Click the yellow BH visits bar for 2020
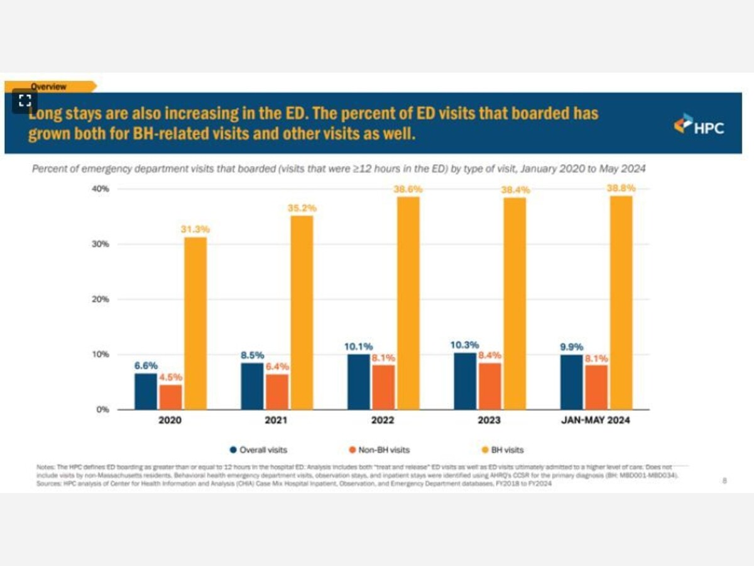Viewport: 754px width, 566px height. click(x=195, y=323)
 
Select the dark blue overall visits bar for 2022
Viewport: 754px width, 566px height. click(x=359, y=382)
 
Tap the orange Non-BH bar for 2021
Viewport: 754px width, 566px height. click(x=276, y=392)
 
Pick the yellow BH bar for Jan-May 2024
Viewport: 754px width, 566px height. click(x=621, y=302)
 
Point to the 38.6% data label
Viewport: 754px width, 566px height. click(x=408, y=189)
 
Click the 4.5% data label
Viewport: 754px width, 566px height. click(x=170, y=377)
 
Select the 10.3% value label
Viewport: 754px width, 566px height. click(x=465, y=345)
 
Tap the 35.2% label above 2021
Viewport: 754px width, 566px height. click(x=302, y=208)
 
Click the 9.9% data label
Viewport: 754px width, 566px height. click(x=572, y=347)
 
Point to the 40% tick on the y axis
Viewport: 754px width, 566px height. click(x=101, y=189)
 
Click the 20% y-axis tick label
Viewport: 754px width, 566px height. click(x=101, y=299)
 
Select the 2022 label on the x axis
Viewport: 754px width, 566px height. click(x=383, y=421)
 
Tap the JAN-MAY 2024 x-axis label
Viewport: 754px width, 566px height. click(x=596, y=421)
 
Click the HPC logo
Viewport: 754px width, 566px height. click(x=699, y=125)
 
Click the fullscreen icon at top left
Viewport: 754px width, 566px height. click(x=25, y=101)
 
